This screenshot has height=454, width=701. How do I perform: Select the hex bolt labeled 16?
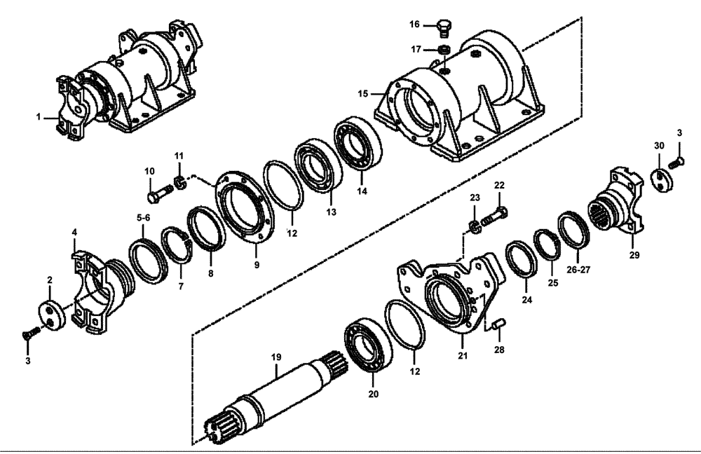click(442, 28)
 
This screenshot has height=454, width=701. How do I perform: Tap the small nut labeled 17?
click(443, 50)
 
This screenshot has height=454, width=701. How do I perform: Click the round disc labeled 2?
click(54, 314)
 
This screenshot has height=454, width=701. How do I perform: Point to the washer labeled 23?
click(475, 226)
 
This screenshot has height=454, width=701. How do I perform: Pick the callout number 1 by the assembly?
click(39, 117)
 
